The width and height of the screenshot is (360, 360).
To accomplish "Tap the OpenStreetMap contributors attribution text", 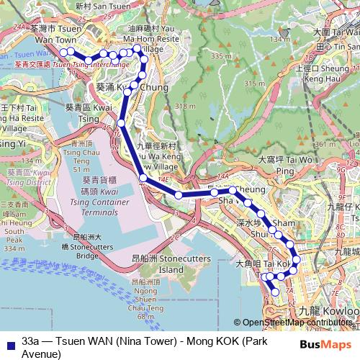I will (x=296, y=323).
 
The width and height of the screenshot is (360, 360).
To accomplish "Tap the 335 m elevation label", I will (x=217, y=55).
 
